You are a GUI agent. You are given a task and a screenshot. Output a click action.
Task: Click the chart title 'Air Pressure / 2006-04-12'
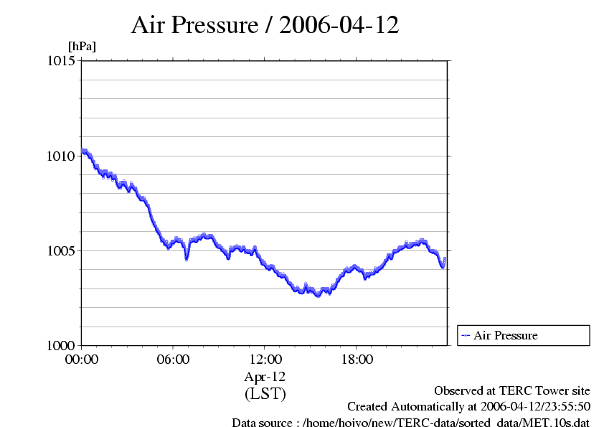[265, 25]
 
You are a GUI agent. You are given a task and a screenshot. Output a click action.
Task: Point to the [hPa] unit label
[82, 47]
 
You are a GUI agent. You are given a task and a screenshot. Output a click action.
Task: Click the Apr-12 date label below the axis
[265, 377]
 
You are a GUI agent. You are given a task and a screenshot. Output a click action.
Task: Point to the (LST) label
[265, 394]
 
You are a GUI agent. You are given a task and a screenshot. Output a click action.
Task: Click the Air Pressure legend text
[505, 335]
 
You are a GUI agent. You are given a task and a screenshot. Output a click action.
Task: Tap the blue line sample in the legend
[466, 335]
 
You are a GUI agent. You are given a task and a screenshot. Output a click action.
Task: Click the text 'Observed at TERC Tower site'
[512, 391]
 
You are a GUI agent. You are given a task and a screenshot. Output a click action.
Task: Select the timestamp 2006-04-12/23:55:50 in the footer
[531, 407]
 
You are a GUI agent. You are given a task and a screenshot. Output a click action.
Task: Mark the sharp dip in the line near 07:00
[187, 258]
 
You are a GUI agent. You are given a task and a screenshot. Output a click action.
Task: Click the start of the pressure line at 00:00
[82, 150]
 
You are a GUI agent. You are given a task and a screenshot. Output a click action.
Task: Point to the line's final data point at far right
[445, 258]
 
